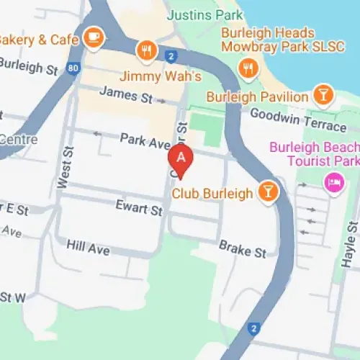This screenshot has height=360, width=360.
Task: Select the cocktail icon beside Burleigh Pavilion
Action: (x=322, y=94)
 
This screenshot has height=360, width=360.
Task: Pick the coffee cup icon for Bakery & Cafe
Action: (x=94, y=35)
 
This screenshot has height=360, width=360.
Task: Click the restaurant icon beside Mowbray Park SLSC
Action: (x=249, y=68)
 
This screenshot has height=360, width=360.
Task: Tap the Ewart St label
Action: (x=140, y=210)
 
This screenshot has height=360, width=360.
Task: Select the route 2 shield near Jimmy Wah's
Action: (x=171, y=56)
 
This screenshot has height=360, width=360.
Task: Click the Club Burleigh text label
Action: (x=212, y=193)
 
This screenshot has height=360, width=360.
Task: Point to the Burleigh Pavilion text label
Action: (x=256, y=96)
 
